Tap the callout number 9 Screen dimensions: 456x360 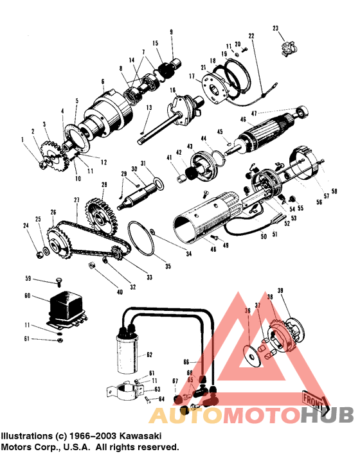click(x=172, y=32)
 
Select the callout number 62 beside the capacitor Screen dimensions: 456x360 click(x=149, y=354)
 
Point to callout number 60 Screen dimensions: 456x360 click(x=27, y=296)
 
